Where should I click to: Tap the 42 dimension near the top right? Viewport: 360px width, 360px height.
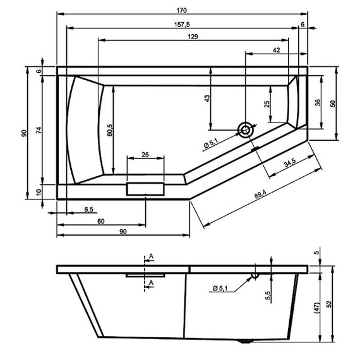point(277,49)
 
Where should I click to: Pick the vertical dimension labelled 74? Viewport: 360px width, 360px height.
point(39,131)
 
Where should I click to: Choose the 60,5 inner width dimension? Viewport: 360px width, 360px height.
point(109,129)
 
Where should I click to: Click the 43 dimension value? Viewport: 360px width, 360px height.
point(207,99)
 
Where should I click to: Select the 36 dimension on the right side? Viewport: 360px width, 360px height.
point(317,102)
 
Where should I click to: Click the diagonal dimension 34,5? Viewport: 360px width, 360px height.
point(290,164)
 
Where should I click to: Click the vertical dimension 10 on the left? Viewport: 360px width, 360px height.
point(39,192)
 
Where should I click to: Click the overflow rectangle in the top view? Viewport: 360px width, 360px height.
point(145,189)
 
